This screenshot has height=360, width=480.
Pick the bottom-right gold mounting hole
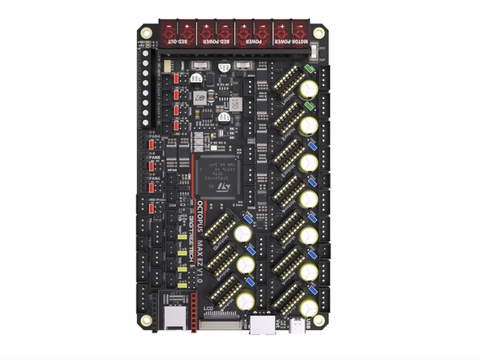320,322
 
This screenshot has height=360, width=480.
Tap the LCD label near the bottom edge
208,307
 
